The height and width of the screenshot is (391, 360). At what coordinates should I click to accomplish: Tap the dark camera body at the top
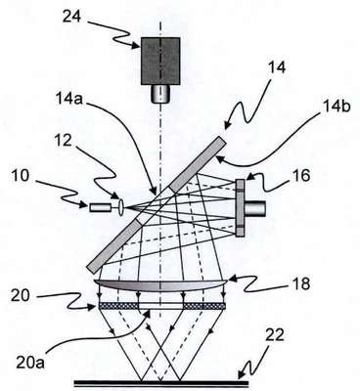point(160,61)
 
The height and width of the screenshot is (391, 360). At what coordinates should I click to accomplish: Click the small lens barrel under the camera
point(160,93)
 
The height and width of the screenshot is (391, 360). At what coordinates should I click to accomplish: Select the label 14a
point(69,97)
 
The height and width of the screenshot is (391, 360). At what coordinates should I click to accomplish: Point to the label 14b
point(336,107)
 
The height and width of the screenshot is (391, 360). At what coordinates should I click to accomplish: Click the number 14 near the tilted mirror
point(277,67)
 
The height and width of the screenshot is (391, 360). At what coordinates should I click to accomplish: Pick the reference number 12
point(63,141)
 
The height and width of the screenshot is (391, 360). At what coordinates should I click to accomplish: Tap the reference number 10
point(21,176)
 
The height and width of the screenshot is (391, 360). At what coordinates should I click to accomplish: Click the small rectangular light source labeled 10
point(100,207)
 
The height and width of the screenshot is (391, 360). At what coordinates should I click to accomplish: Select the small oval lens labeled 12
point(121,207)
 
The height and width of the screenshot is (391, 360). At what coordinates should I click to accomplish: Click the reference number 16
point(300,176)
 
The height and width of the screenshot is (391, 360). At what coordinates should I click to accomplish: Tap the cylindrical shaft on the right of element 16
point(255,208)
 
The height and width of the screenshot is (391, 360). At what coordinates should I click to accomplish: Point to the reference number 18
point(300,284)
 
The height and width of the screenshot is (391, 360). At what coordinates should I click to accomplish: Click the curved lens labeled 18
point(160,285)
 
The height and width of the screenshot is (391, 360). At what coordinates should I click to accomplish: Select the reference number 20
point(21,295)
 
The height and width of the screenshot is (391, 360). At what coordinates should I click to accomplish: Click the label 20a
point(31,363)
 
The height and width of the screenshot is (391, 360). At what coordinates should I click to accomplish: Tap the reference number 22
point(275,335)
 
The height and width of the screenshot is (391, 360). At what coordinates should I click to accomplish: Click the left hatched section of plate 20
point(118,306)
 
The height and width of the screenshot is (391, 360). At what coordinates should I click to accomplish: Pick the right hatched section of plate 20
point(204,306)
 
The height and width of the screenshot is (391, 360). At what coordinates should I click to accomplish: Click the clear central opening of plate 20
point(161,306)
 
